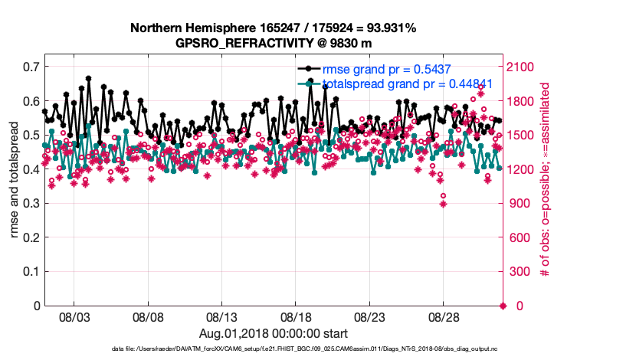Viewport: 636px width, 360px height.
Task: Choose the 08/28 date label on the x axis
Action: pyautogui.click(x=444, y=317)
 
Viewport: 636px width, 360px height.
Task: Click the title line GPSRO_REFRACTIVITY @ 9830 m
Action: pyautogui.click(x=274, y=43)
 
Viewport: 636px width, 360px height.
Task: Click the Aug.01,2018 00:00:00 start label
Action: pyautogui.click(x=274, y=333)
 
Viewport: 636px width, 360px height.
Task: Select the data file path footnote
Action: pyautogui.click(x=274, y=349)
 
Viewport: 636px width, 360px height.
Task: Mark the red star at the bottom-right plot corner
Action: pyautogui.click(x=503, y=306)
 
